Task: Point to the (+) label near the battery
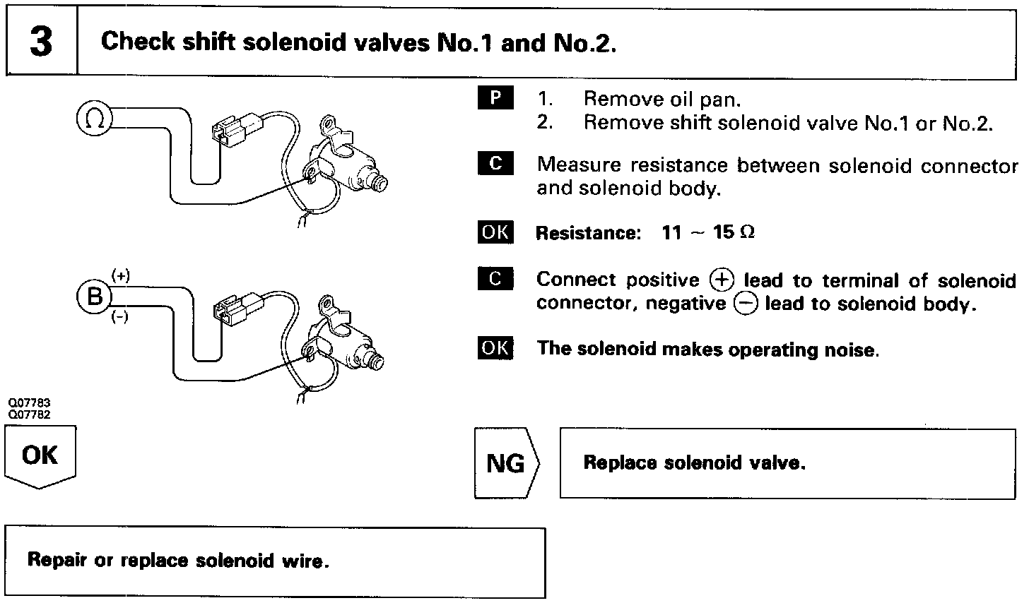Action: (121, 276)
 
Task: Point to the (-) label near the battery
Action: (120, 318)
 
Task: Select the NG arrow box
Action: (506, 463)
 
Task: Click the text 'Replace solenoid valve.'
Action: (694, 463)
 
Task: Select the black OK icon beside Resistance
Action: (495, 232)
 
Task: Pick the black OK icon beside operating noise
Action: (495, 348)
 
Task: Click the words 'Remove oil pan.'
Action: (662, 100)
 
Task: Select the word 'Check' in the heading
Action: (137, 42)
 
